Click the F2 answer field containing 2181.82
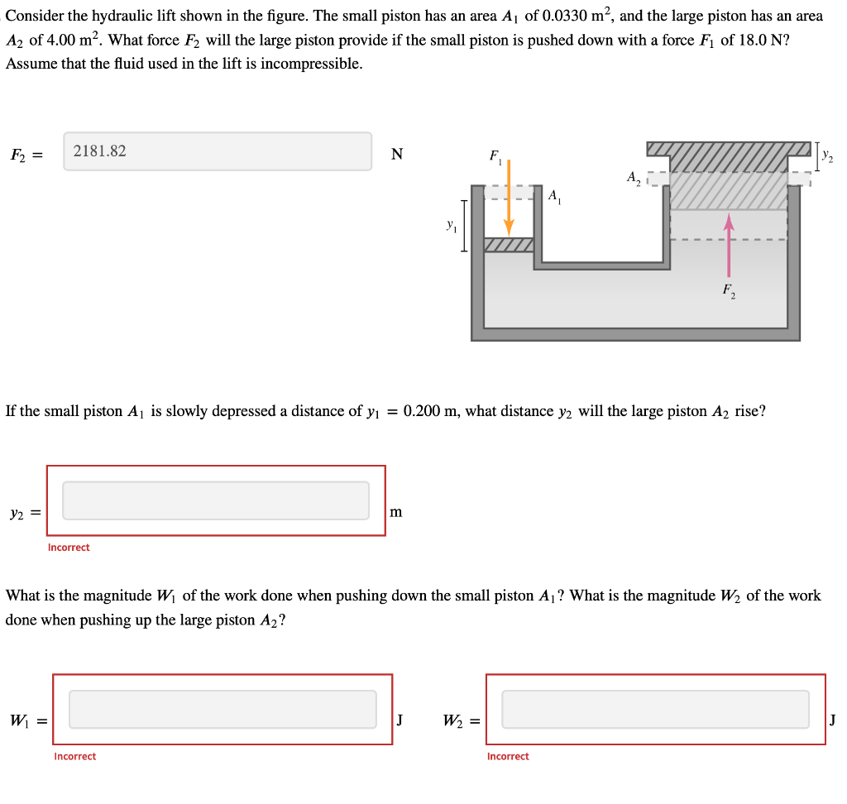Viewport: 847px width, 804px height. point(218,151)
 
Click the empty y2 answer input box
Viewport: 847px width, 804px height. point(216,500)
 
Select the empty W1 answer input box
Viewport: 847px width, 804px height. point(223,709)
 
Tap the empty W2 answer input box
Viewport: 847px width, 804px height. point(655,709)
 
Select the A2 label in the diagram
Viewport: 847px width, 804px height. point(633,177)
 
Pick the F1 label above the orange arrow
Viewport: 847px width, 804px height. point(495,155)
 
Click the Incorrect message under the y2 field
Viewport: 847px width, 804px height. point(69,548)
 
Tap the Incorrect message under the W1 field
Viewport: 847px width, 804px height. point(74,756)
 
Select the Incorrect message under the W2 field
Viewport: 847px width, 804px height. point(508,756)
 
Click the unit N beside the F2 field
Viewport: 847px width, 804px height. point(397,153)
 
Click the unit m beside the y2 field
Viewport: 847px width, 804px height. point(396,512)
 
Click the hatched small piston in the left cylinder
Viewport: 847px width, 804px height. point(509,245)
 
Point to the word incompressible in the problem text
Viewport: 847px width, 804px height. point(311,64)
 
